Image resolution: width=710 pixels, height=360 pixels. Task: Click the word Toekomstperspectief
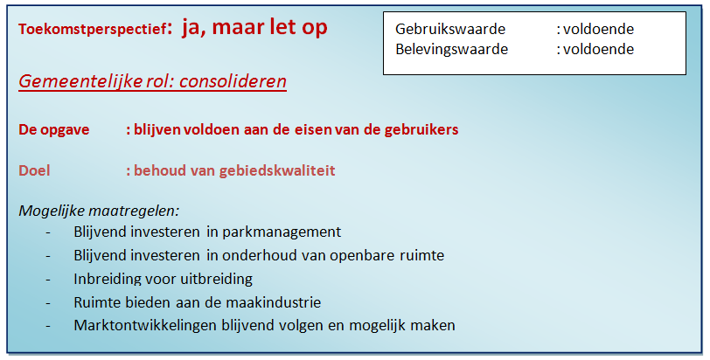93,30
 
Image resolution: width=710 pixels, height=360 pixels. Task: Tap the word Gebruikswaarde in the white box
450,29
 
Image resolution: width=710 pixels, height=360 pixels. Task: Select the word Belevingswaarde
451,49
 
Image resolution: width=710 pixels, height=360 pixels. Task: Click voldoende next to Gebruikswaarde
599,29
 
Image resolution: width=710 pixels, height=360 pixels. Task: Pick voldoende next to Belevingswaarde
599,49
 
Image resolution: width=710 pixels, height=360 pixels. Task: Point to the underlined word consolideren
233,81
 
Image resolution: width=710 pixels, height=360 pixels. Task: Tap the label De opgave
54,130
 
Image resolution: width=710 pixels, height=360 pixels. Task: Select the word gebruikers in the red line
421,130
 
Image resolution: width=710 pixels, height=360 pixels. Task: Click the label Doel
34,170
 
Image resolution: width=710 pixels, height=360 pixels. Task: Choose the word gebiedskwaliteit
277,170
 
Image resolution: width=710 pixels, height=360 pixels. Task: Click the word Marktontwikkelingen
145,325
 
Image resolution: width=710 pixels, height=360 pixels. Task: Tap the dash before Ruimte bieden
48,303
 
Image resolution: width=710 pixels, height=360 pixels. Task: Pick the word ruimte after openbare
422,255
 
